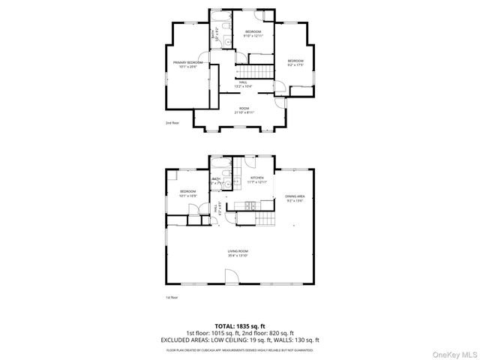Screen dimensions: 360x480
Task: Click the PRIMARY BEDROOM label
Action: (x=187, y=62)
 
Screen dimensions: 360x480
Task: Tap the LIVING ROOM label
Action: (x=238, y=250)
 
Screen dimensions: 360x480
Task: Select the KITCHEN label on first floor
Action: (x=257, y=178)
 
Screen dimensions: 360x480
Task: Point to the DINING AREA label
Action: (x=295, y=196)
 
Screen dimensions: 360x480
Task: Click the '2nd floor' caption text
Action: (x=172, y=122)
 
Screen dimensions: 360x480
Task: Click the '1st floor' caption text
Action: (x=172, y=298)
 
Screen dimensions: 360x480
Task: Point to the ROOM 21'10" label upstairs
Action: (x=244, y=109)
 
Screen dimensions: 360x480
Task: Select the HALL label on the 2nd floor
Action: (x=242, y=82)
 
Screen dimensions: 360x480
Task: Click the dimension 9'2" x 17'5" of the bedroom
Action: (x=295, y=64)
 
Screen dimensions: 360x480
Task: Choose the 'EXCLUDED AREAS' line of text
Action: (x=240, y=339)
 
